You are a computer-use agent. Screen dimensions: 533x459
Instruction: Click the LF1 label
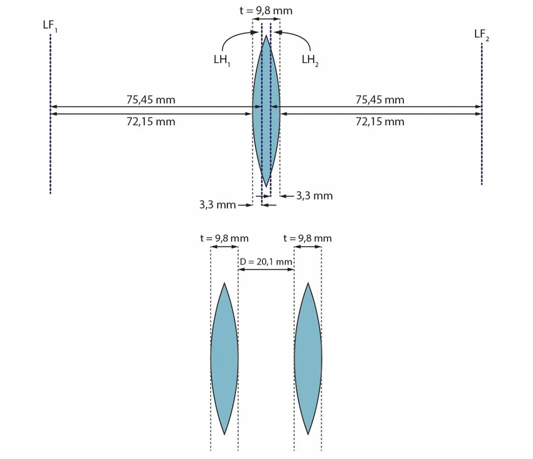[50, 26]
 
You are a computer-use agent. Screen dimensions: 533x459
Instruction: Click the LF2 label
[482, 35]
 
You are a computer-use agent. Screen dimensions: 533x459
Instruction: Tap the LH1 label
[222, 61]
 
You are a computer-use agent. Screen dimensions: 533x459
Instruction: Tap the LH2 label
[310, 61]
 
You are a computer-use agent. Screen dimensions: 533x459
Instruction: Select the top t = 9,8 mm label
[266, 11]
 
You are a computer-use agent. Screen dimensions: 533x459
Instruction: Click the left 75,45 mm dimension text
[151, 100]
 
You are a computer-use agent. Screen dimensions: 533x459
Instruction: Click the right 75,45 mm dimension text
[380, 100]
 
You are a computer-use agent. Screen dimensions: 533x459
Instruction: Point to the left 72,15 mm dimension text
[151, 122]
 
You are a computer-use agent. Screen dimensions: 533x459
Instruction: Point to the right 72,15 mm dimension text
[380, 122]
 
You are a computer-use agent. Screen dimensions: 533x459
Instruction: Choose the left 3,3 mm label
[218, 205]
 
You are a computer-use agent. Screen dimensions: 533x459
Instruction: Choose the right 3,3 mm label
[314, 196]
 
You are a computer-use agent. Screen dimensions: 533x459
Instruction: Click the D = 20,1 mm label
[266, 262]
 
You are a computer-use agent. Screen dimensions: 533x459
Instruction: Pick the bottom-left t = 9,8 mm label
[224, 238]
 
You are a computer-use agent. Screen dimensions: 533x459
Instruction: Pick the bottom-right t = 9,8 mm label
[308, 238]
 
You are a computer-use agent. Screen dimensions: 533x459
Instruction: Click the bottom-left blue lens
[224, 358]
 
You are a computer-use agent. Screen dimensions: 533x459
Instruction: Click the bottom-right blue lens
[308, 358]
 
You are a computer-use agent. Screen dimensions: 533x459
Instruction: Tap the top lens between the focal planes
[266, 111]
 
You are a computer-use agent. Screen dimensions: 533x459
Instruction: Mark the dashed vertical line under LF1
[50, 114]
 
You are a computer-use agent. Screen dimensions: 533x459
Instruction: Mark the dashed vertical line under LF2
[482, 114]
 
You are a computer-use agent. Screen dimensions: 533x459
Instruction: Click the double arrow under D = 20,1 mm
[266, 270]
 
